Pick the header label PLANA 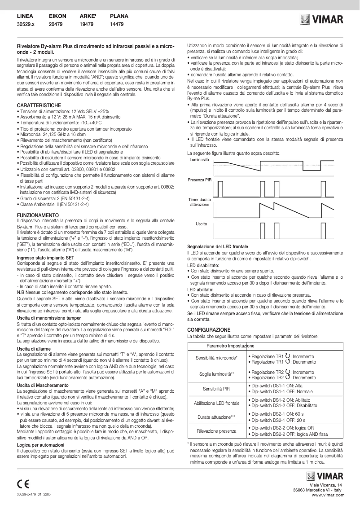point(119,16)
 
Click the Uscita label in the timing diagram point(201,223)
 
